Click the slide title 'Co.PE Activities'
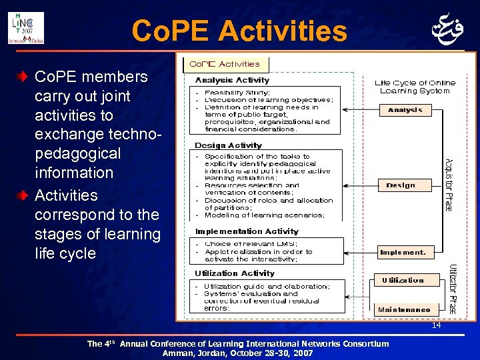239,31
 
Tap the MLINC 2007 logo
25,27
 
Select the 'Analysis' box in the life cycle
405,109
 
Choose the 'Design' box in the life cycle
400,185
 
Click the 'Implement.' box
403,252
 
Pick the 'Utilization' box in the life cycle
403,280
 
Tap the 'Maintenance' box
404,309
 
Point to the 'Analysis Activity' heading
223,80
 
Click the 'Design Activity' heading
228,145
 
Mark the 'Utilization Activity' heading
234,273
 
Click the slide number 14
436,325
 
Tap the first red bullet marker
23,77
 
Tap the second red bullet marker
23,195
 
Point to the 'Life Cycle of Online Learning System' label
415,87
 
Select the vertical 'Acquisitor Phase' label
449,184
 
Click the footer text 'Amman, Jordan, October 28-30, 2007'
237,353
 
